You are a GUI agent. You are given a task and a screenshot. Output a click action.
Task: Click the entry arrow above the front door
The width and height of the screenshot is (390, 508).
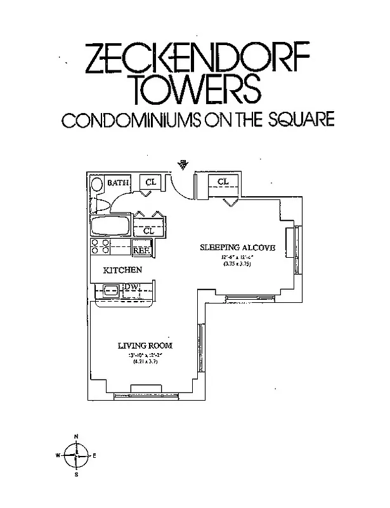click(183, 164)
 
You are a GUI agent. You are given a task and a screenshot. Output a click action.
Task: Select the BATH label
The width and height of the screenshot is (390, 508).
click(118, 183)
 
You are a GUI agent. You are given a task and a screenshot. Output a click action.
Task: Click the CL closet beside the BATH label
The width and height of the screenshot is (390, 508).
click(150, 182)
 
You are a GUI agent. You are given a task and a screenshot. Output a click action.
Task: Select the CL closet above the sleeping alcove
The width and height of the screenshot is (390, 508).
click(223, 182)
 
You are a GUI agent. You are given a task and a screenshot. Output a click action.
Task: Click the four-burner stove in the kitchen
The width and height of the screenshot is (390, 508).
click(100, 247)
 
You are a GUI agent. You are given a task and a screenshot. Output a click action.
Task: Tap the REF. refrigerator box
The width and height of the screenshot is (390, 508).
click(140, 250)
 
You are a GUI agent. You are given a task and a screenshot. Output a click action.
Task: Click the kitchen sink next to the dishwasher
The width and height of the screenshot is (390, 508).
click(109, 291)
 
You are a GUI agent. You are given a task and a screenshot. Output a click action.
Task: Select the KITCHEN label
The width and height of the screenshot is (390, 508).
click(123, 270)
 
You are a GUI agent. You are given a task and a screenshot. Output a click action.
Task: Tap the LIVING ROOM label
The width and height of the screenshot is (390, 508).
click(145, 345)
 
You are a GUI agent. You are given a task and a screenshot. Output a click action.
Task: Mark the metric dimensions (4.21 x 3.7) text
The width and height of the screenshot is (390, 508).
click(145, 361)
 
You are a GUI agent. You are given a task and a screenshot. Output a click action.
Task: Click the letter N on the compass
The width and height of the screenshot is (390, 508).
click(76, 437)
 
